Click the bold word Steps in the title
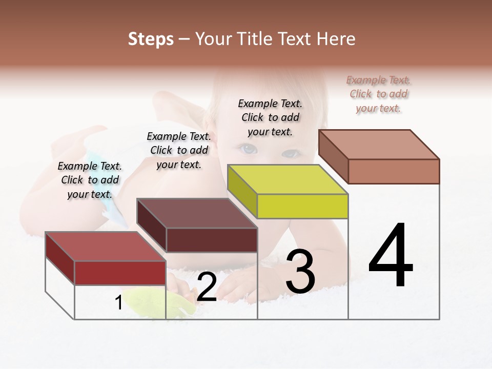(151, 39)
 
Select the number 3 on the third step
(300, 271)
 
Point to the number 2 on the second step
(207, 287)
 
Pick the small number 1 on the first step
(118, 303)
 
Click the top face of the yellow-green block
(287, 179)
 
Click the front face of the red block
(120, 273)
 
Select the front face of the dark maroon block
(212, 240)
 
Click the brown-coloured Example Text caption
(378, 94)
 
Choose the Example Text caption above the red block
(90, 180)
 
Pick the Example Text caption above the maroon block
(179, 150)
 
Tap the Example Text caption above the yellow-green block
(270, 117)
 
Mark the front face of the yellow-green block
(302, 206)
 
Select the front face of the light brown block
(394, 171)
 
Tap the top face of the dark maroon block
(196, 213)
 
